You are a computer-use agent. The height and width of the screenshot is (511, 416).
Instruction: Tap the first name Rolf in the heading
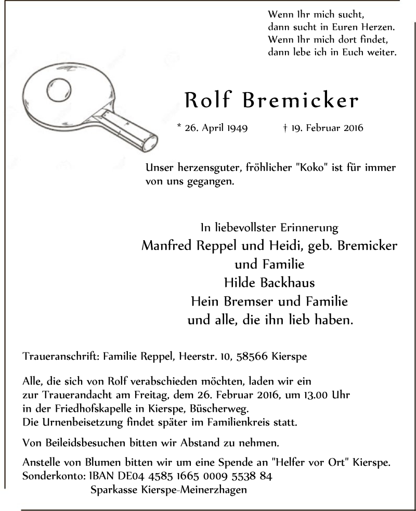pos(207,100)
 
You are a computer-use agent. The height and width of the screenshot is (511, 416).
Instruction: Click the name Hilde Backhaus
pos(269,283)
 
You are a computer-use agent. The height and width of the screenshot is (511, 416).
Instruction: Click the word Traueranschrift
pos(61,357)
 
